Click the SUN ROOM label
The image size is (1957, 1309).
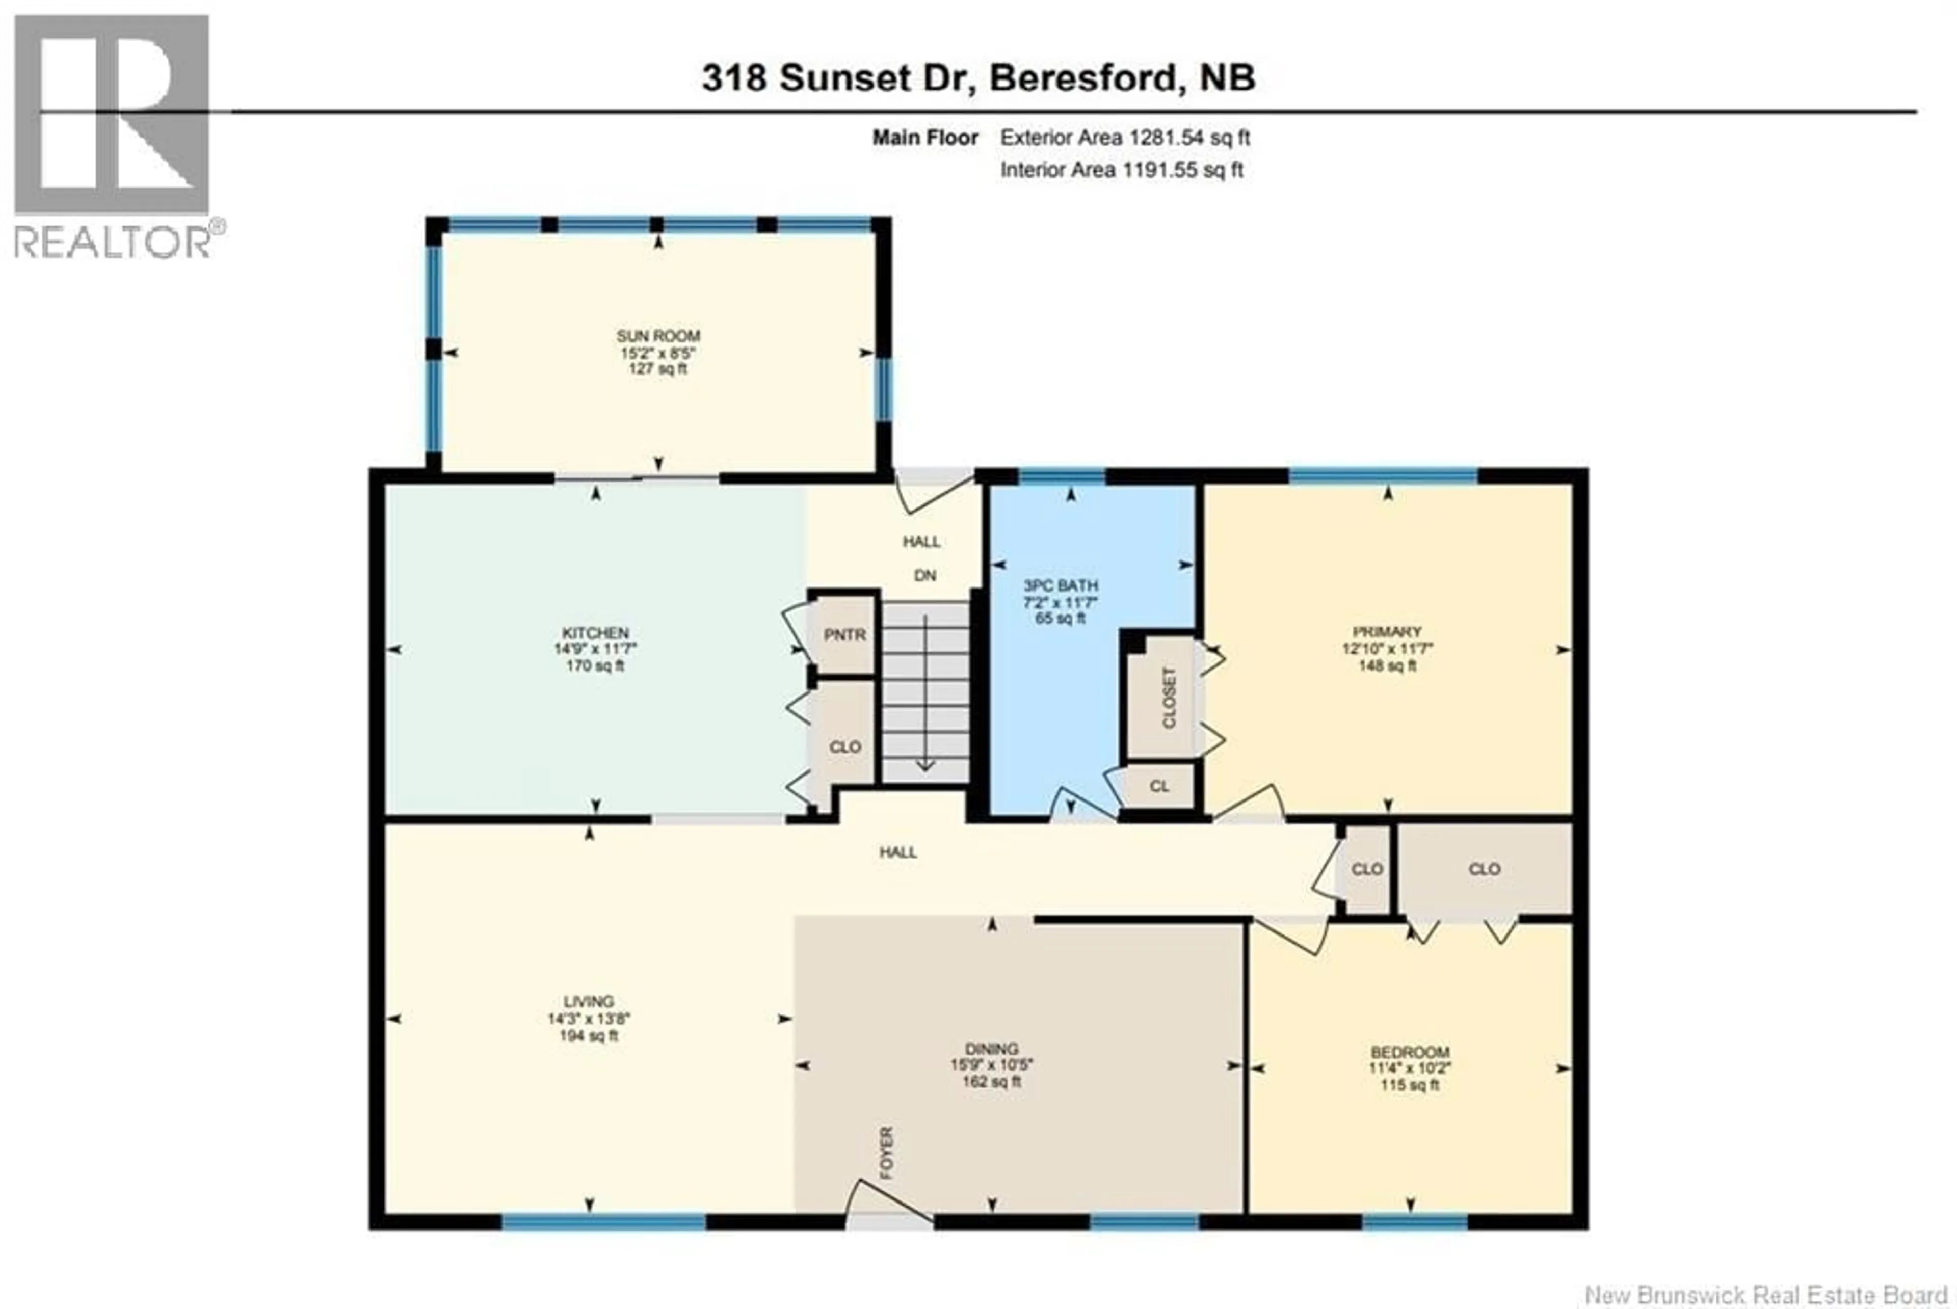click(x=658, y=336)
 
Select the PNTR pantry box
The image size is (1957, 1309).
click(x=844, y=634)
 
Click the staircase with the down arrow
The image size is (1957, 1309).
click(x=925, y=693)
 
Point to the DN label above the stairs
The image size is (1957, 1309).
click(x=925, y=575)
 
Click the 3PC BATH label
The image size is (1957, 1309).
click(x=1061, y=585)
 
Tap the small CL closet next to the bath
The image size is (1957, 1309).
click(x=1159, y=786)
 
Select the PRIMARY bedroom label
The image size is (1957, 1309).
click(x=1387, y=631)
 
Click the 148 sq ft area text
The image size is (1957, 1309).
click(x=1387, y=665)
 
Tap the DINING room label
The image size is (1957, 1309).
click(x=991, y=1049)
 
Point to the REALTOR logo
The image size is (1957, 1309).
click(x=113, y=133)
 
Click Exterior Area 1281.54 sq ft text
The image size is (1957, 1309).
click(x=1125, y=138)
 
